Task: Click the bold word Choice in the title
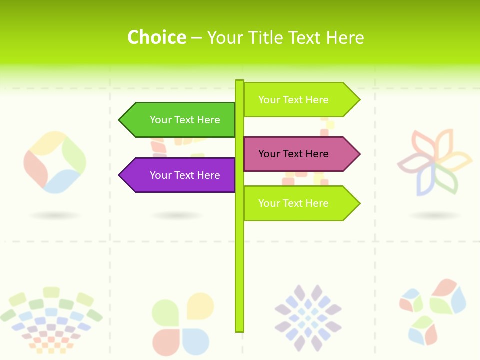[x=156, y=37]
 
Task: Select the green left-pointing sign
[x=180, y=120]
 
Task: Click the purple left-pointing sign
[x=180, y=175]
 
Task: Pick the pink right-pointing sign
[x=297, y=154]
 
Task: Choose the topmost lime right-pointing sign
[x=297, y=100]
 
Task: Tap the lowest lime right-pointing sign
[x=297, y=203]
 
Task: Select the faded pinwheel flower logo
[x=434, y=162]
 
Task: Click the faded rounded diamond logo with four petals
[x=55, y=162]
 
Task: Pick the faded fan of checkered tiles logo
[x=51, y=320]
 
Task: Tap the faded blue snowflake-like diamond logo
[x=308, y=318]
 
